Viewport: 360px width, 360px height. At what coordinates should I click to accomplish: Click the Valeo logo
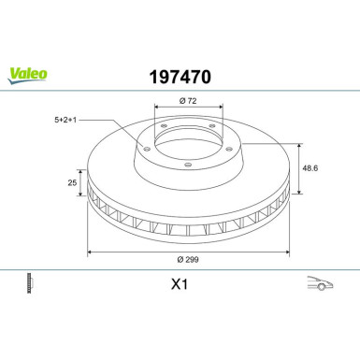tap(27, 76)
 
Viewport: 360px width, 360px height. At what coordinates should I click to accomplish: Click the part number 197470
tap(180, 77)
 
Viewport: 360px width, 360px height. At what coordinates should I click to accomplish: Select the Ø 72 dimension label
tap(188, 101)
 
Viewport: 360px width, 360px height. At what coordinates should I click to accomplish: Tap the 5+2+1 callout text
tap(65, 120)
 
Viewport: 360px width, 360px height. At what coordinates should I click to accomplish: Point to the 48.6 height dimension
tap(310, 168)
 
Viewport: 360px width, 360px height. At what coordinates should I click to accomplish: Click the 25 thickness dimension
tap(72, 182)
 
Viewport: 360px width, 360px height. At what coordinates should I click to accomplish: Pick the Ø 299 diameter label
tap(188, 259)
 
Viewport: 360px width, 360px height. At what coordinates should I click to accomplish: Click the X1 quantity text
tap(180, 284)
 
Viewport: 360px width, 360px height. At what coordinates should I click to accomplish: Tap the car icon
tap(320, 282)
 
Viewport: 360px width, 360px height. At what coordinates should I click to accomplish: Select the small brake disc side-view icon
tap(30, 283)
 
